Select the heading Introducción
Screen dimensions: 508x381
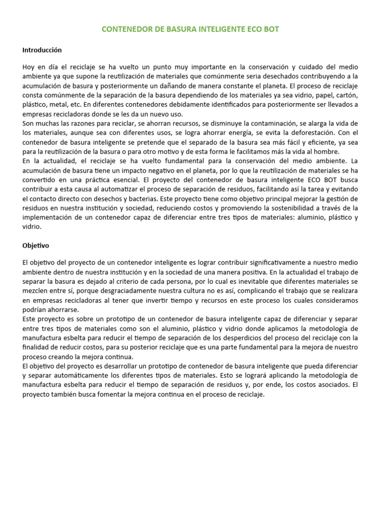coord(42,50)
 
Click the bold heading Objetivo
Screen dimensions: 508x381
coord(36,246)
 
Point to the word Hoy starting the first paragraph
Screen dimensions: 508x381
coord(29,67)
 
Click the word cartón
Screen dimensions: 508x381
coord(346,95)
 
